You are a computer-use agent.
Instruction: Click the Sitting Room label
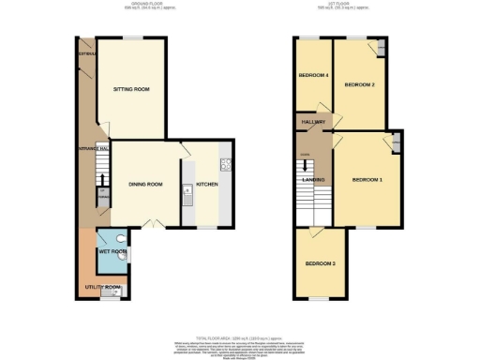(131, 89)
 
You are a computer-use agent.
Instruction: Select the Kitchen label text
(206, 184)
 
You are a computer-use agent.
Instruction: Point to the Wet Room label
(111, 251)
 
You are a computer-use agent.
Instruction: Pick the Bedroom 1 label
(367, 179)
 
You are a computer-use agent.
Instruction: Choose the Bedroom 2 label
(359, 85)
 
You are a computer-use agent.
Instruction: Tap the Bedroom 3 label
(320, 263)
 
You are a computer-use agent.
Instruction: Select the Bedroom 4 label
(313, 75)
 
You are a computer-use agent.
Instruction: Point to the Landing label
(312, 181)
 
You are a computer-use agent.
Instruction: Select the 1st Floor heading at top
(346, 6)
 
